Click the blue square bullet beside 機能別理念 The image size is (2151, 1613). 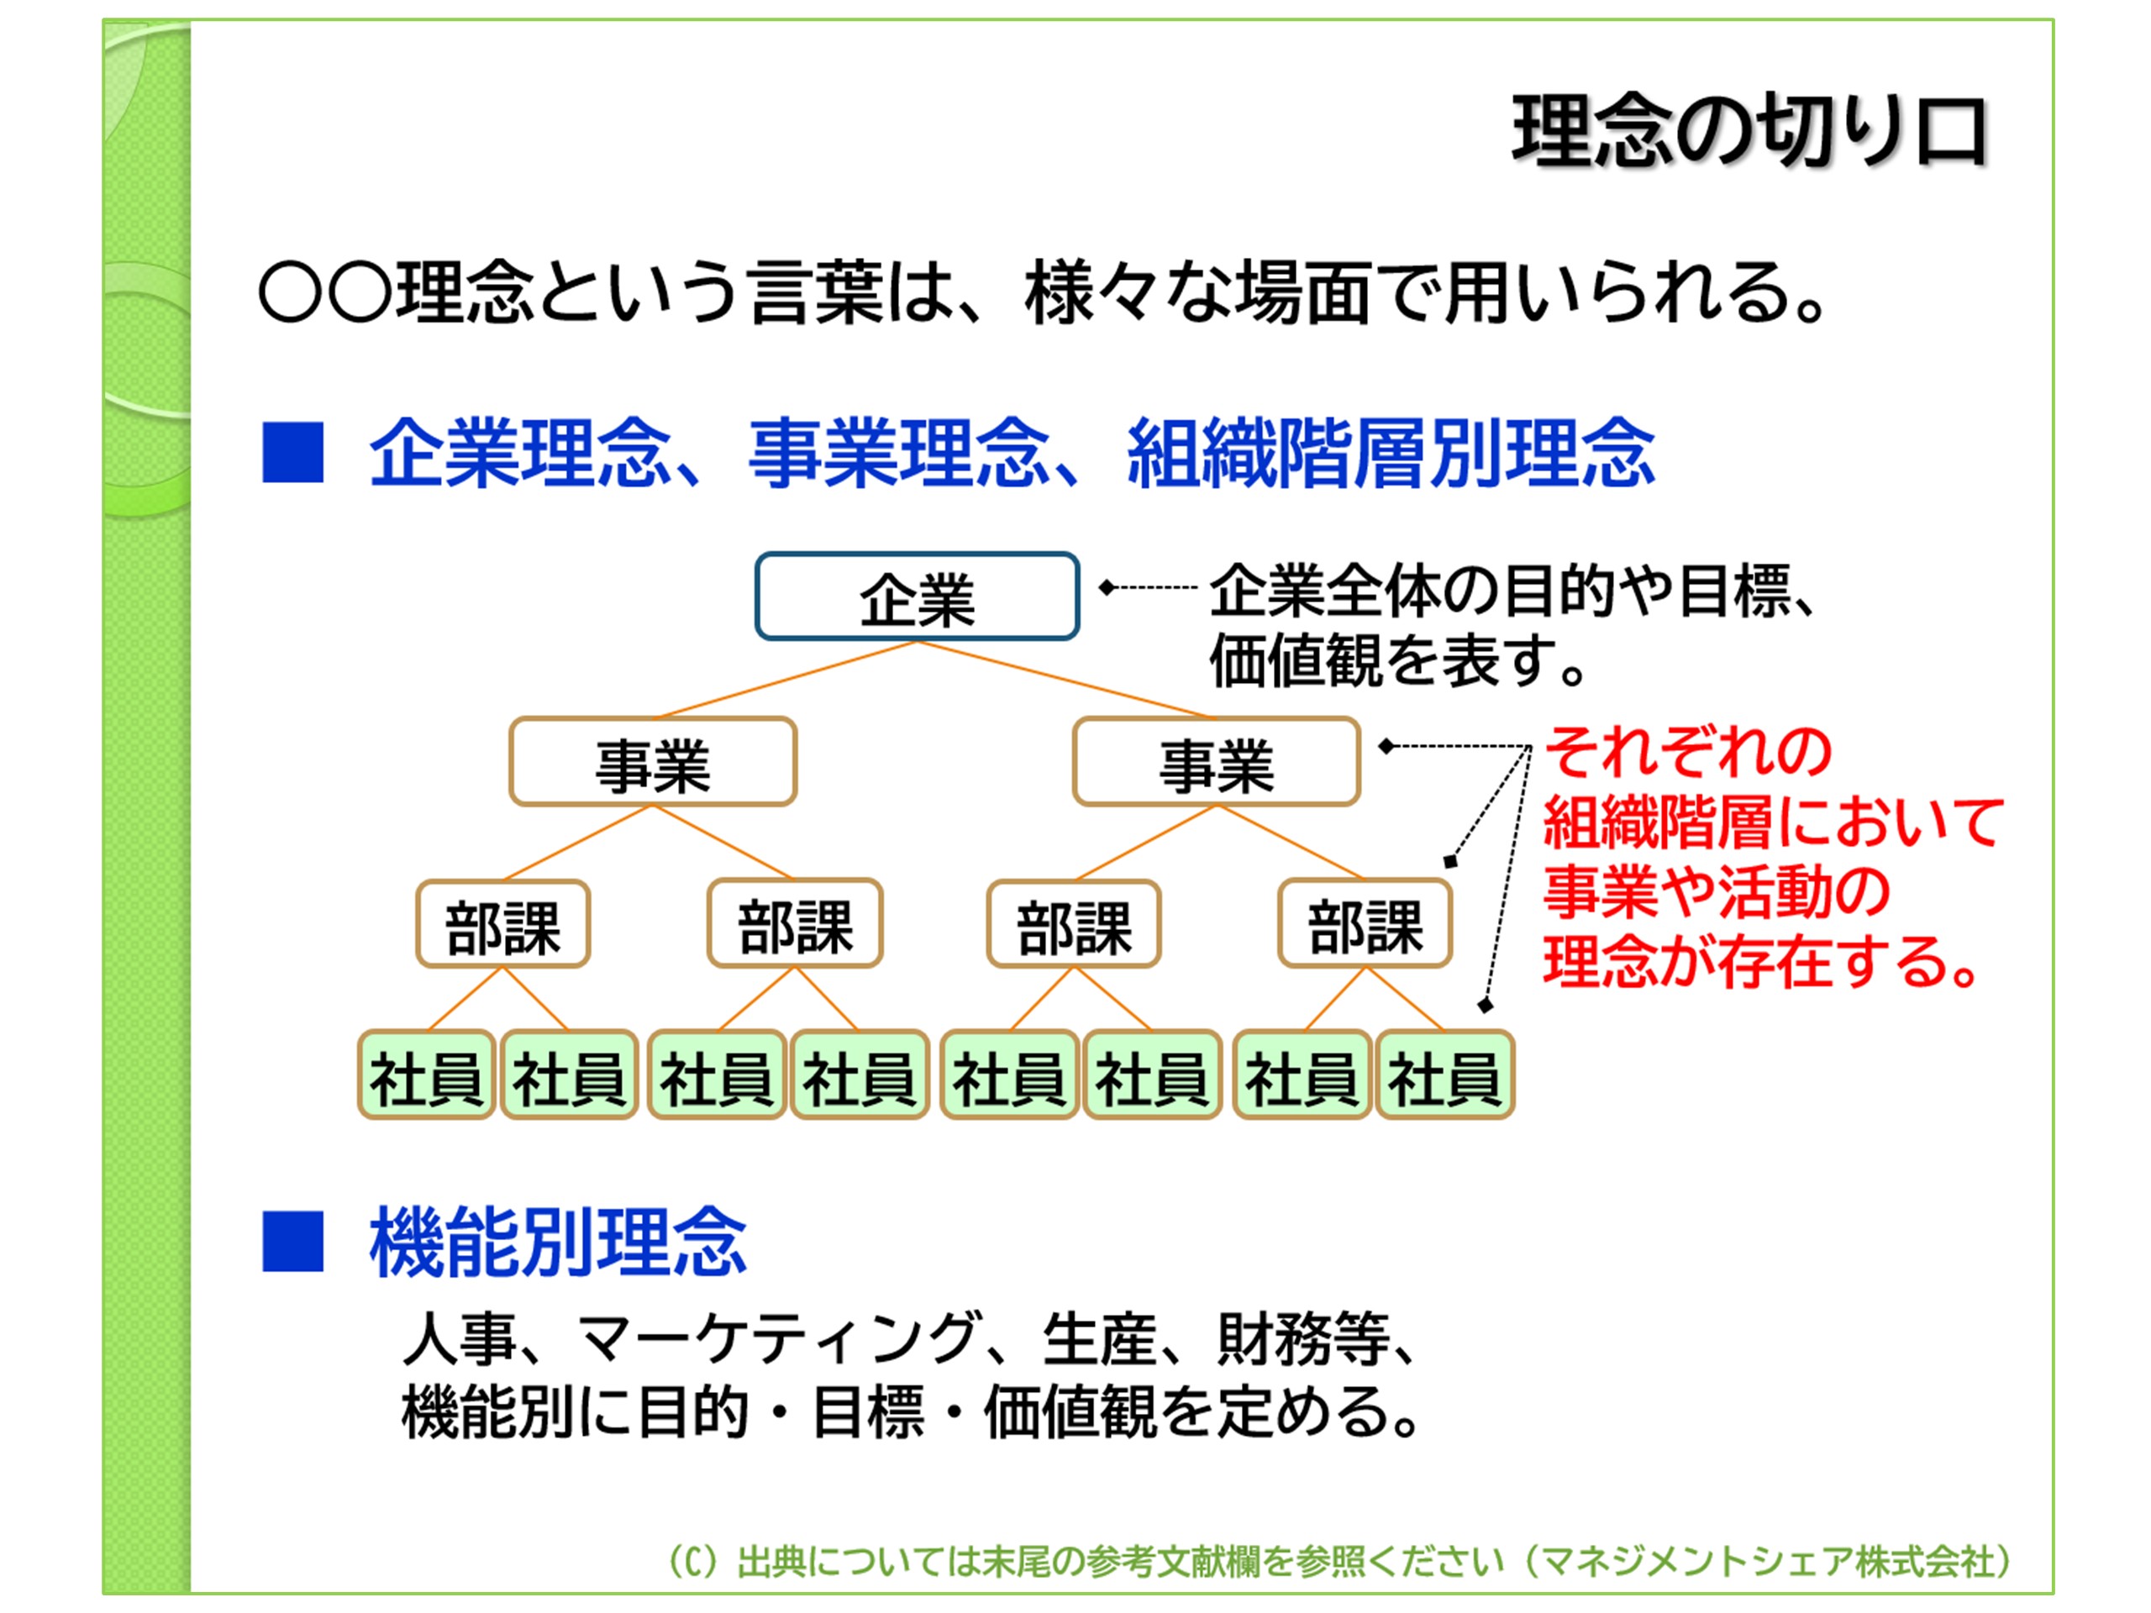point(292,1242)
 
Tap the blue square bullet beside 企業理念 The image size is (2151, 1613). point(292,452)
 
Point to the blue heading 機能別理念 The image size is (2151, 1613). point(557,1242)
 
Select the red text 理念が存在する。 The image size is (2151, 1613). point(1760,963)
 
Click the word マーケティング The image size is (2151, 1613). point(778,1339)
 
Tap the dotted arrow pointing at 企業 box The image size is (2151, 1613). point(1148,587)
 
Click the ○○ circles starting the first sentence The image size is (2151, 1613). point(325,292)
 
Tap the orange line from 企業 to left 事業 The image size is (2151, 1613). point(787,680)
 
